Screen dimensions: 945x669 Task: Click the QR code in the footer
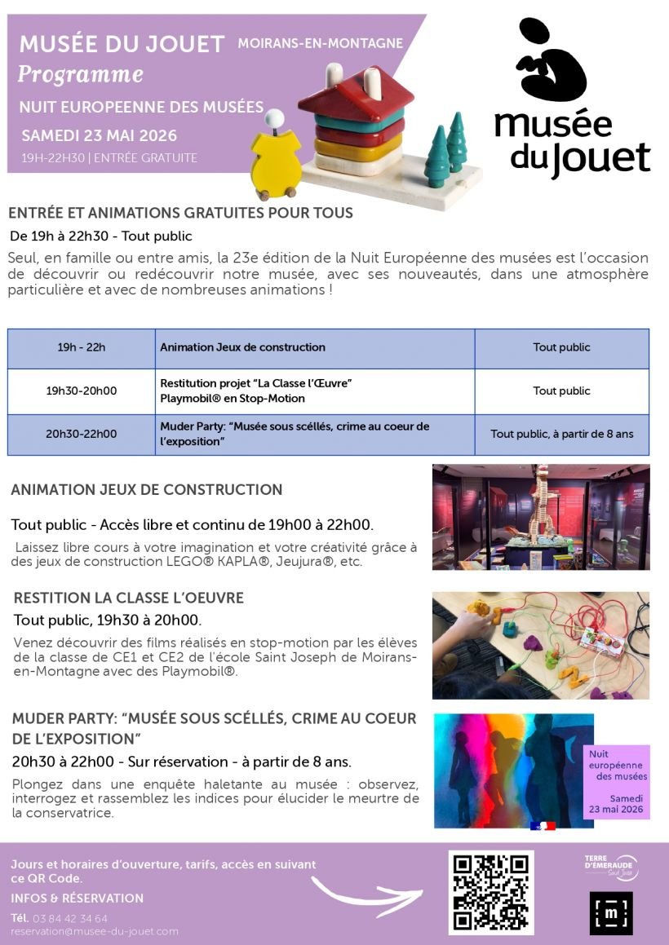coord(491,892)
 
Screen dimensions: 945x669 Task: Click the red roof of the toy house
coord(352,91)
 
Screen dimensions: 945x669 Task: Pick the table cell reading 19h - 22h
coord(82,348)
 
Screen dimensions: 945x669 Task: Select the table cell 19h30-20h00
coord(82,391)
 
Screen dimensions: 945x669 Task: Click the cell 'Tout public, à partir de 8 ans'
coord(561,435)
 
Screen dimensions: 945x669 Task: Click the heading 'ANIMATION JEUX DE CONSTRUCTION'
coord(147,490)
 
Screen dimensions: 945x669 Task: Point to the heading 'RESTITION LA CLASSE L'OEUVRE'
coord(129,598)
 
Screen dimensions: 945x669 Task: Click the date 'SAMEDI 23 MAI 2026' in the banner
coord(99,135)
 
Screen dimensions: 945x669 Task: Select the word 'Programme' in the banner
coord(80,75)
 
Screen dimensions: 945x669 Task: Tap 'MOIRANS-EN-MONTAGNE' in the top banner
coord(321,42)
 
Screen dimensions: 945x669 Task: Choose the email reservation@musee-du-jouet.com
coord(95,931)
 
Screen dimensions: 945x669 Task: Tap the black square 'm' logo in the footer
coord(610,913)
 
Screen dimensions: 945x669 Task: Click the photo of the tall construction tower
coord(541,517)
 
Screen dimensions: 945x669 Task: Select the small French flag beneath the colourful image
coord(543,826)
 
